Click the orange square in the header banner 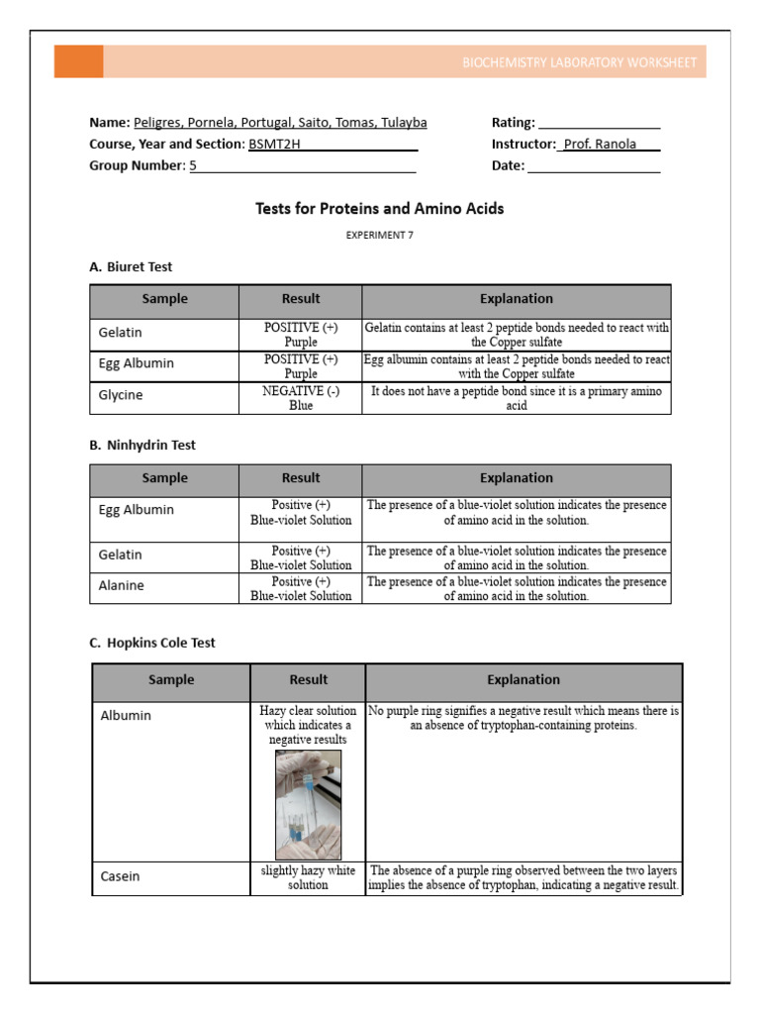click(78, 61)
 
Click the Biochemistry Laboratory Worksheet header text click(579, 62)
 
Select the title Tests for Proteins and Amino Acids click(379, 209)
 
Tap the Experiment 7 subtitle click(379, 236)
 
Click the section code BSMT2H click(265, 145)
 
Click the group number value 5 click(194, 166)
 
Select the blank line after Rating click(599, 124)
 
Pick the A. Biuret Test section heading click(131, 267)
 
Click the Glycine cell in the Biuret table click(121, 395)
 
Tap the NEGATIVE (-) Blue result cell click(301, 398)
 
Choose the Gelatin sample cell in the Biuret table click(121, 334)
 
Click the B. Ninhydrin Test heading click(142, 446)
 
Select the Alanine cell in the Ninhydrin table click(122, 586)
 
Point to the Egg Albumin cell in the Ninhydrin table click(137, 510)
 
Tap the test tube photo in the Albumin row click(308, 804)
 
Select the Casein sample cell click(121, 876)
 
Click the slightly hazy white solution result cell click(308, 877)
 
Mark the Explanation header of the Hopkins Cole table click(523, 680)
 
